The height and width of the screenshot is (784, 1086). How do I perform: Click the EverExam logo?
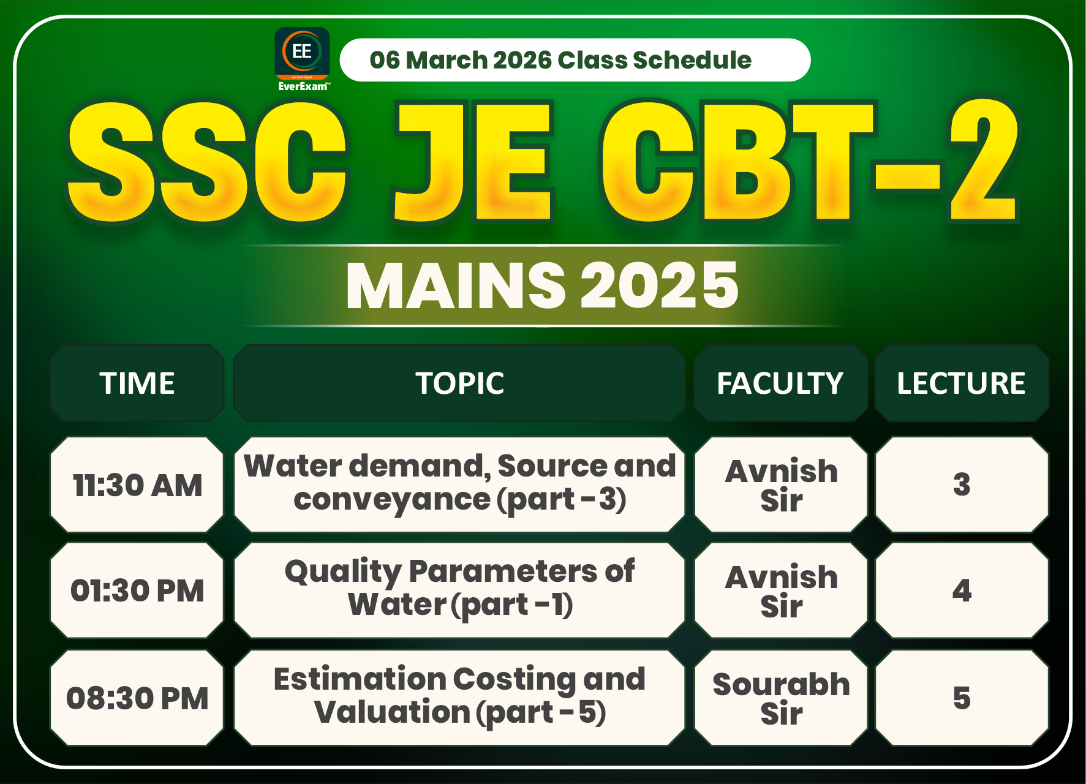(302, 59)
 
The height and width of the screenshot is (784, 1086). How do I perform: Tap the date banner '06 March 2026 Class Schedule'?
(575, 60)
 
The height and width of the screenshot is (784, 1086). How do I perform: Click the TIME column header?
(137, 383)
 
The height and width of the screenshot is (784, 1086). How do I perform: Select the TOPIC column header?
(459, 383)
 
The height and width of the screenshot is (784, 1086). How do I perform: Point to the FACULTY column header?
(780, 383)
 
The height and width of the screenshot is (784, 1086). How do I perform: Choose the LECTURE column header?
(961, 383)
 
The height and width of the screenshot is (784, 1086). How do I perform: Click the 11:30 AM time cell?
(137, 485)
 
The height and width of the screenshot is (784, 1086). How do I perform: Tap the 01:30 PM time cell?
(137, 590)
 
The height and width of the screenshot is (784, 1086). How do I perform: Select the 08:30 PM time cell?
(137, 698)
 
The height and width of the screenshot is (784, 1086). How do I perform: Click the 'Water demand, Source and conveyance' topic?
(459, 483)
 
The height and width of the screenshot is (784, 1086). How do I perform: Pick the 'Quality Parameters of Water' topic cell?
(459, 589)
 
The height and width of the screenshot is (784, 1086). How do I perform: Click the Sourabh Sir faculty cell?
(781, 698)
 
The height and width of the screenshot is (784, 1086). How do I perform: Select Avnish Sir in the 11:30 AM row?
(781, 485)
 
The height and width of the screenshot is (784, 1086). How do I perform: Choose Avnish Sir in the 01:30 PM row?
(781, 590)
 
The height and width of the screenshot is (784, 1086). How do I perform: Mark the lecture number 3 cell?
(962, 484)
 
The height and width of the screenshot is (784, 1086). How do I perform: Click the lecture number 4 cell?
(962, 590)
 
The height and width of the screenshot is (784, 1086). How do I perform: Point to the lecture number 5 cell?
(962, 698)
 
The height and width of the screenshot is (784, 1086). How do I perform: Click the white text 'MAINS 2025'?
(542, 285)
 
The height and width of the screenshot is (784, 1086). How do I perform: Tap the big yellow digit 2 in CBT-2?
(983, 160)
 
